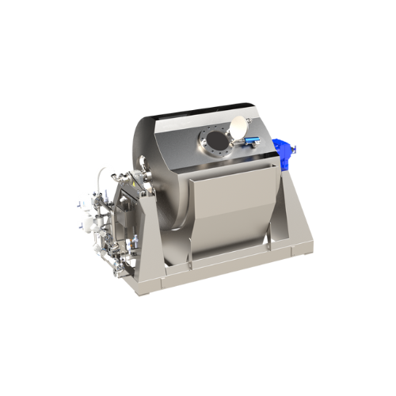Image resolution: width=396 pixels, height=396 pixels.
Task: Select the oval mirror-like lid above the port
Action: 238,125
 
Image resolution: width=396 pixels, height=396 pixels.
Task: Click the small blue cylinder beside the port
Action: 251,141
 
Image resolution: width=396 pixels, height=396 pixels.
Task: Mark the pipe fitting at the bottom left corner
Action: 119,269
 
